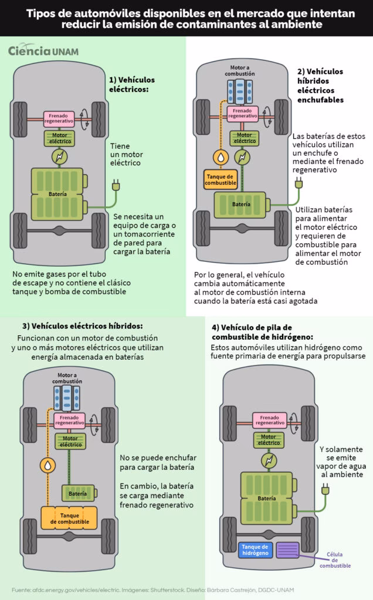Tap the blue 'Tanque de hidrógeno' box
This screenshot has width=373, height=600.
click(x=255, y=550)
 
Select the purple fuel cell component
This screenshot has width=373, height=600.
click(x=288, y=550)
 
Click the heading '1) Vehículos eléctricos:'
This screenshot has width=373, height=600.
click(x=130, y=85)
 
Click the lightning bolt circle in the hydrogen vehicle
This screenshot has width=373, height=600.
click(x=270, y=460)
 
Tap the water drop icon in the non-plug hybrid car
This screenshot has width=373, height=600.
click(x=46, y=465)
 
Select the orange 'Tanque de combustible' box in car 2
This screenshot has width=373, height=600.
click(x=221, y=180)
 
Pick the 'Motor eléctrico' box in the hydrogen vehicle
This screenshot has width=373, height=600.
click(x=270, y=439)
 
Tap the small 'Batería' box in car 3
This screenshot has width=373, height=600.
click(x=77, y=494)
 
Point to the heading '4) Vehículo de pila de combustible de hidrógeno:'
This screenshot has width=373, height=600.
click(x=259, y=332)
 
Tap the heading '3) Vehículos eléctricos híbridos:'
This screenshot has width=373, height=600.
click(x=83, y=326)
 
